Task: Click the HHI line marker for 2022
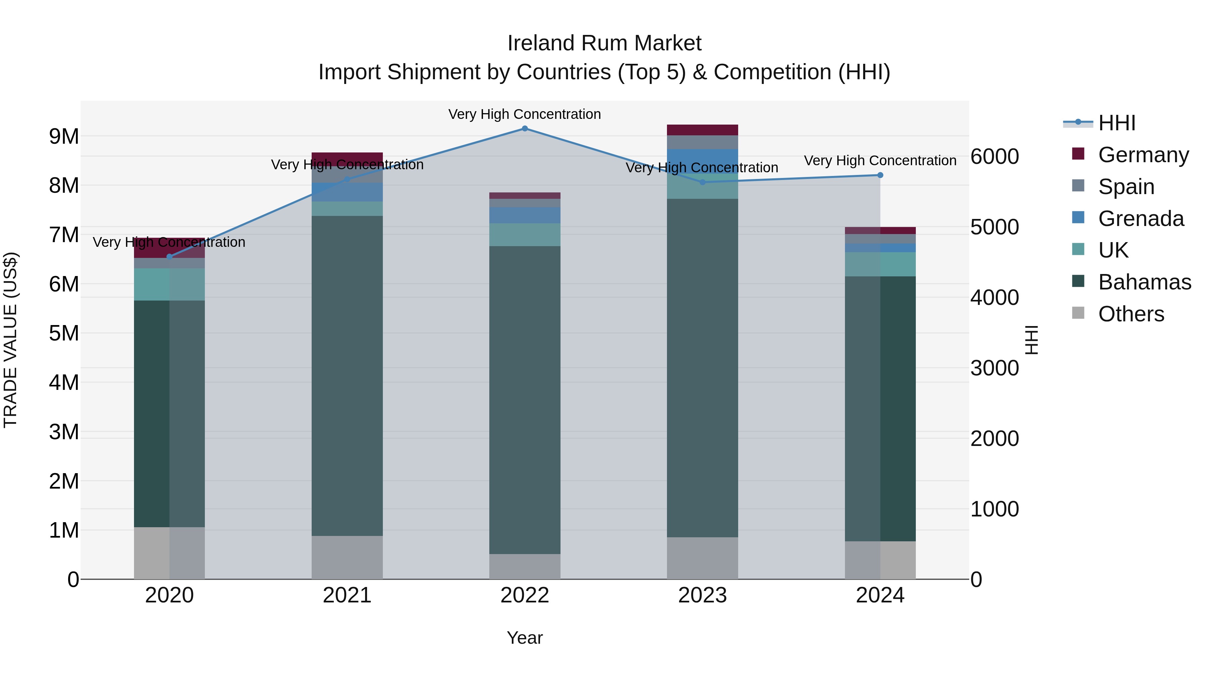(525, 129)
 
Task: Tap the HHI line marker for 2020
(170, 257)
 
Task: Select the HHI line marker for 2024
(880, 175)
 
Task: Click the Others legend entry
(1131, 314)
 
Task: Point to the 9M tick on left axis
(64, 137)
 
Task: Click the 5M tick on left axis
(64, 333)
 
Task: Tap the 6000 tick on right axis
(994, 157)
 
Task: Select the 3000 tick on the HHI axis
(994, 368)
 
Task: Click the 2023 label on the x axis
(702, 595)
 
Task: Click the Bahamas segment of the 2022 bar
(525, 399)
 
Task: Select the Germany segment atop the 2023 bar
(702, 130)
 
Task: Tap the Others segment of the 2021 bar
(347, 557)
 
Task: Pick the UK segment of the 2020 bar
(170, 284)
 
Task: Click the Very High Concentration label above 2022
(524, 114)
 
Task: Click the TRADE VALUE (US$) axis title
(10, 340)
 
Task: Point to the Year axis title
(524, 638)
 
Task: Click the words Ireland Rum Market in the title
(604, 43)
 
